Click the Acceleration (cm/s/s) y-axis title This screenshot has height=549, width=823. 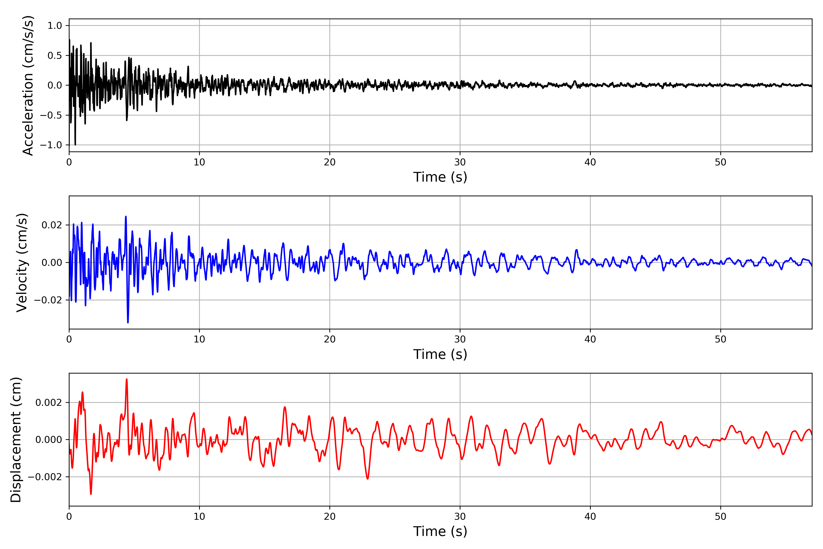(x=28, y=85)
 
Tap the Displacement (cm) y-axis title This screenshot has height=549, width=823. (x=16, y=439)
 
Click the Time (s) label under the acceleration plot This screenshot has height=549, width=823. (x=440, y=177)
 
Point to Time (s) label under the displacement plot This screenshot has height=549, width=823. (x=440, y=531)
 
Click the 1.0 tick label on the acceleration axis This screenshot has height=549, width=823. (x=55, y=26)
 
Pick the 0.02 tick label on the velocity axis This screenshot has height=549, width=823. (x=52, y=225)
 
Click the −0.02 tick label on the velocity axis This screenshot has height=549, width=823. (x=48, y=300)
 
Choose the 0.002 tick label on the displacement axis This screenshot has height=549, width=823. (x=49, y=403)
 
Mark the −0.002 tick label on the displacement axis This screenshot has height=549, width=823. (x=45, y=477)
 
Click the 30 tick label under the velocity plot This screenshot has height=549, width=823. (x=460, y=339)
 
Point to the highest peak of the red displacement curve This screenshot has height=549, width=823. (x=127, y=379)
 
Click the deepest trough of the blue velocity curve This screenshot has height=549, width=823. (x=128, y=322)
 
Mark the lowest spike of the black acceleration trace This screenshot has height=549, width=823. (x=75, y=145)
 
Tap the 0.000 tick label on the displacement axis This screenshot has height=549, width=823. (x=49, y=440)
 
